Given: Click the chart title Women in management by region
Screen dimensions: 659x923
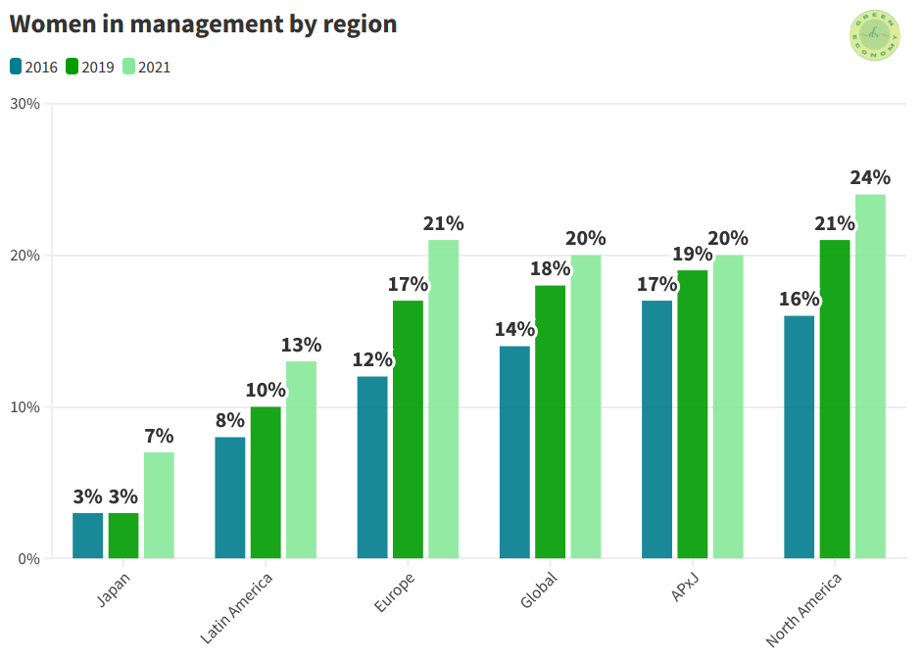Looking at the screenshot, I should [203, 24].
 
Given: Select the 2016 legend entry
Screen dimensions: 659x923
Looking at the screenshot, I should [33, 68].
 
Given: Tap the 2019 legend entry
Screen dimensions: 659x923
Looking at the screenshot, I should [90, 68].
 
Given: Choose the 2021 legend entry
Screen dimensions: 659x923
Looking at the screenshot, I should [146, 68].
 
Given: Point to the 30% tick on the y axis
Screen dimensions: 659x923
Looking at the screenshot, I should [25, 104].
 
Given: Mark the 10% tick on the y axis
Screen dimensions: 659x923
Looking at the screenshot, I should [25, 407].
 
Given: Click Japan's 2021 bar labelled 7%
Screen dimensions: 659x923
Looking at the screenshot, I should [159, 505].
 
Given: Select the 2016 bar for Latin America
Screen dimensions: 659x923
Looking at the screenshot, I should [230, 497].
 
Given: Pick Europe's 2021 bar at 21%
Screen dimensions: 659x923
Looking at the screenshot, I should [443, 400].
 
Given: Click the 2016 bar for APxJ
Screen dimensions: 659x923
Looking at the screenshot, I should [656, 430].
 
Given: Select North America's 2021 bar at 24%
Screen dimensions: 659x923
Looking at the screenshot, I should [870, 377].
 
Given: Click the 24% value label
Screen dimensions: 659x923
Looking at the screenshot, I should [870, 177].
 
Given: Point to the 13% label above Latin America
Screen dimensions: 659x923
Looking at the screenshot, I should [301, 345].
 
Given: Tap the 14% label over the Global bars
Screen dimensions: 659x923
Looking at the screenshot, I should [514, 329].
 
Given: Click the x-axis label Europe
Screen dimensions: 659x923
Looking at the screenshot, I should [395, 591].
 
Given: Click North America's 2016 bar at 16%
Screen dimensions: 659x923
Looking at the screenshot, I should [799, 437].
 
